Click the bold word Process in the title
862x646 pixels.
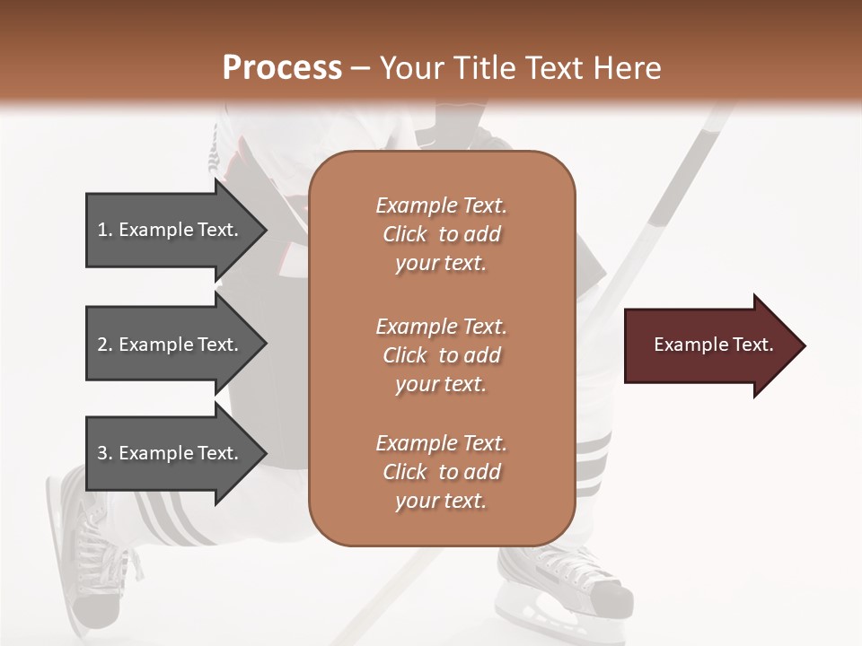coord(282,67)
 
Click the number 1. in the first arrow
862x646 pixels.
coord(105,230)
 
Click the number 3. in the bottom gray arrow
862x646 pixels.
coord(105,453)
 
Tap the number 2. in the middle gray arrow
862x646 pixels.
coord(105,345)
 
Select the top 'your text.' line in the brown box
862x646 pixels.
coord(441,264)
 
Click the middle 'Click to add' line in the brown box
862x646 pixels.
coord(441,355)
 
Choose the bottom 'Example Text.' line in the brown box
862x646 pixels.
coord(441,443)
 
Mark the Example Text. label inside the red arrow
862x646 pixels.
coord(714,345)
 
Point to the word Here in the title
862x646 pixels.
coord(629,67)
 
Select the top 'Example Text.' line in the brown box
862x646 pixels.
coord(441,205)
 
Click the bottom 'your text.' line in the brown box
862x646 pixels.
coord(441,502)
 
